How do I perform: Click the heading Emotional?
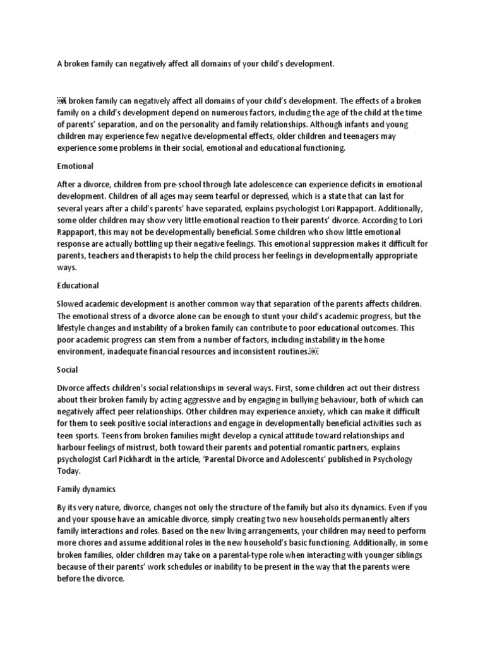[x=75, y=166]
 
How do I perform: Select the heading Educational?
[x=78, y=285]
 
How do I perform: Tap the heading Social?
[x=67, y=369]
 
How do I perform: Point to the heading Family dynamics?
[x=87, y=488]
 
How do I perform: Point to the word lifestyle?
[x=75, y=327]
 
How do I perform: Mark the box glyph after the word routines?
[x=314, y=351]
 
